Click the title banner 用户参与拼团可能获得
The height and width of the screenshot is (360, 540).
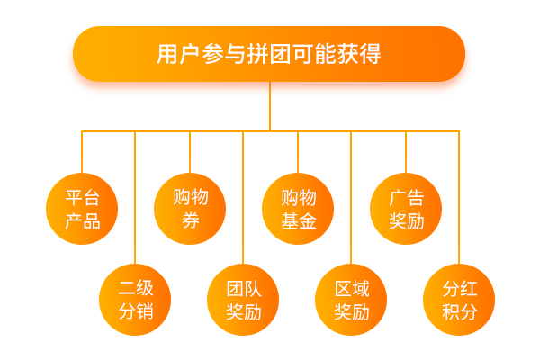point(269,55)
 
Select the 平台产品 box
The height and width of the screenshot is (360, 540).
point(82,209)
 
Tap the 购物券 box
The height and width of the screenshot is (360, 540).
point(190,209)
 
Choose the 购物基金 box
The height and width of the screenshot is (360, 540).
point(298,209)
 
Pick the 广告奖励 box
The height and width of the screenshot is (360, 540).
point(406,209)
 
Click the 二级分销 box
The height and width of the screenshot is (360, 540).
point(136,300)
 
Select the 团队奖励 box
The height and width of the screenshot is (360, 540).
point(244,300)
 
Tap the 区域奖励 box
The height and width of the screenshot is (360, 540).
point(352,300)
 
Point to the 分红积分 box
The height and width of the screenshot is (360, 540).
point(459,300)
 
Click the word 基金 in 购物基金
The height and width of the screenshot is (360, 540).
point(298,221)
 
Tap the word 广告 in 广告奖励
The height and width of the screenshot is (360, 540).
point(406,198)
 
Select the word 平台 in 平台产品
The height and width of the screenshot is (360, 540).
point(82,198)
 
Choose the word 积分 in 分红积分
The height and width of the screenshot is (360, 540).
point(459,312)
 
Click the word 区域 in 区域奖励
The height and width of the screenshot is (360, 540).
point(352,289)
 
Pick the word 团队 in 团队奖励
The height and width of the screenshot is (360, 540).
point(244,289)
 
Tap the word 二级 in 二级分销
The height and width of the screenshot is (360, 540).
point(136,289)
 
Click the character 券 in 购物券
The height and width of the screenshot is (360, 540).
point(190,221)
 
